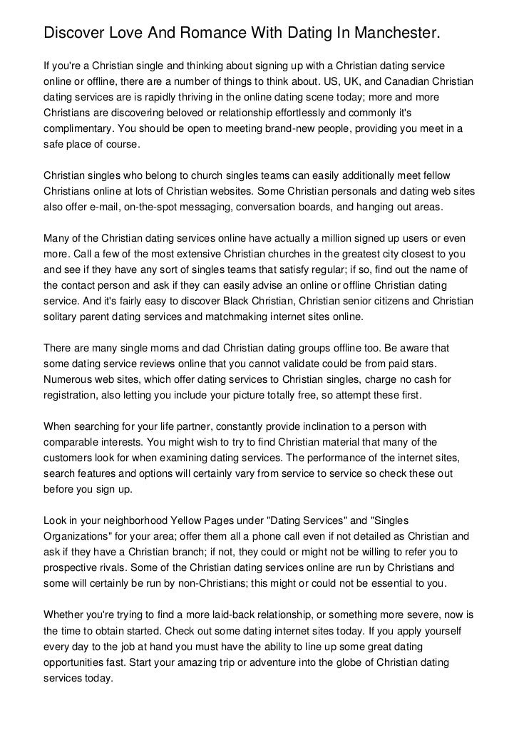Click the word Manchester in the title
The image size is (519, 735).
coord(388,34)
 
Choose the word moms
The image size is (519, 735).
coord(150,347)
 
